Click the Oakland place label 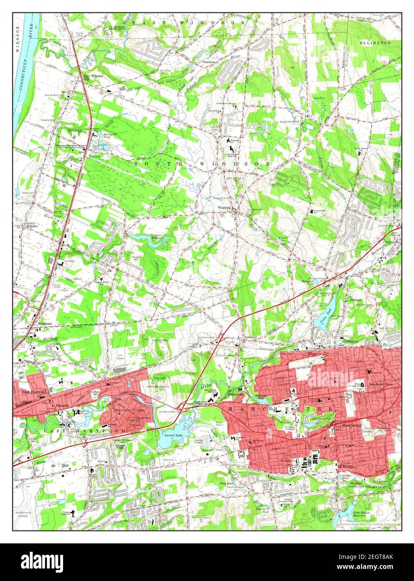click(x=344, y=300)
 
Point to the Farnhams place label click(x=210, y=62)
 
